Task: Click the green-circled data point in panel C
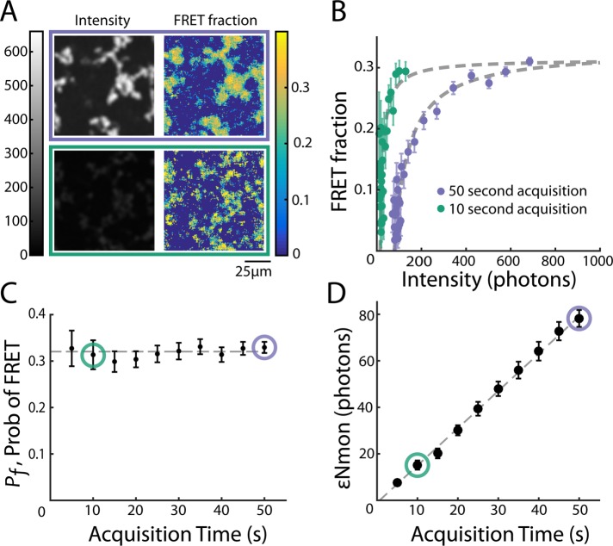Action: point(93,354)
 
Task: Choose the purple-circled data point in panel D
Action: point(579,318)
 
